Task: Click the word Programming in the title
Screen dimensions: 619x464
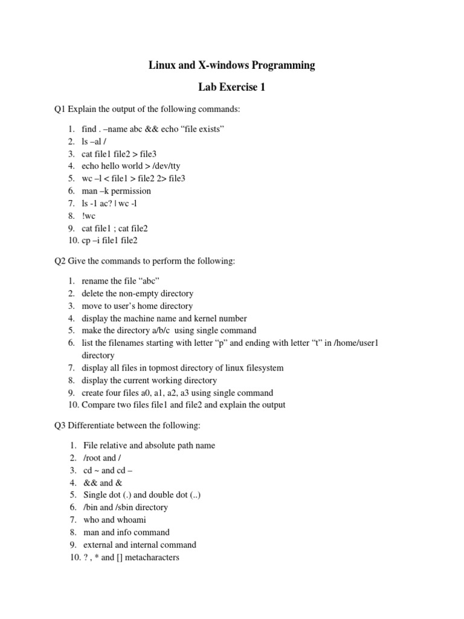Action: pos(282,65)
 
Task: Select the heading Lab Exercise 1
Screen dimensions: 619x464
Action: pos(231,88)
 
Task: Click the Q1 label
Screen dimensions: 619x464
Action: pos(60,109)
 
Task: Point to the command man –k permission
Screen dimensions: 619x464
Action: pos(117,191)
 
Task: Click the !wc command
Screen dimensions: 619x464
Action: pos(89,216)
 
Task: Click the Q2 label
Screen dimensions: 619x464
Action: pos(60,261)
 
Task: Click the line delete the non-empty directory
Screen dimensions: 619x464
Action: pos(138,293)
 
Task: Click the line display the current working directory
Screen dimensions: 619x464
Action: pos(150,380)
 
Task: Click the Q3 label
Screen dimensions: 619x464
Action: pos(60,426)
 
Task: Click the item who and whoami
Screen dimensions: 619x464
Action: pos(114,520)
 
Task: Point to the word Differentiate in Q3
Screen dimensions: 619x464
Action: pos(94,426)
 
